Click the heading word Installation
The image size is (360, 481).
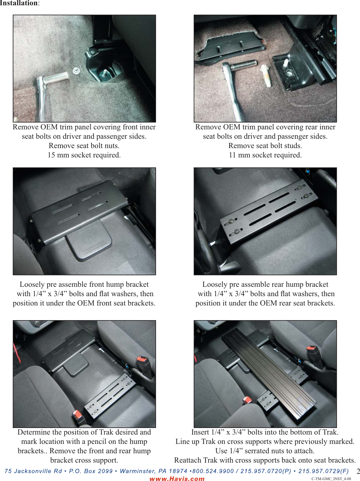[x=19, y=3]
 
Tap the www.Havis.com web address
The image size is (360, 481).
[x=177, y=479]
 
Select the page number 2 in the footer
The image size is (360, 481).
[x=358, y=471]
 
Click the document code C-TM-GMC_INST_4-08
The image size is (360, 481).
[x=331, y=479]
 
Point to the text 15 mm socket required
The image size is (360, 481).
[x=84, y=155]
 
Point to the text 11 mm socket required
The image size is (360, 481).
[x=265, y=155]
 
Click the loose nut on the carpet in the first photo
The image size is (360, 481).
[x=75, y=71]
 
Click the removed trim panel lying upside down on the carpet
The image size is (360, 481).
[x=230, y=47]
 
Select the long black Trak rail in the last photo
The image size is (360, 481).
[x=268, y=374]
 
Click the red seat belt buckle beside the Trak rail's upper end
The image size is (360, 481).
[x=312, y=350]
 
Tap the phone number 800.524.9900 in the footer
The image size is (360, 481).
[x=213, y=471]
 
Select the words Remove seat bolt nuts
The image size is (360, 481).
[x=84, y=146]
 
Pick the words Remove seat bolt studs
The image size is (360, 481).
[x=265, y=146]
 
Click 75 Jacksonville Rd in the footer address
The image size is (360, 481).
[x=33, y=471]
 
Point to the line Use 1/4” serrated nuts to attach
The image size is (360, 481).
[x=265, y=451]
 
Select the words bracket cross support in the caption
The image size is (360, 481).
[x=84, y=460]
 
